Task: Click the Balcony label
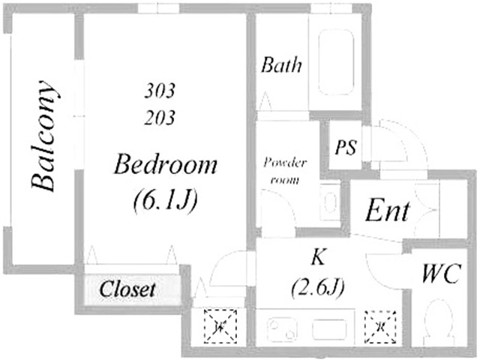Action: click(x=43, y=136)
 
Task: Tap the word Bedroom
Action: click(x=165, y=164)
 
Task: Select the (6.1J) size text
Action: click(x=165, y=199)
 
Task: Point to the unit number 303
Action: click(x=160, y=91)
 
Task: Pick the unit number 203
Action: click(x=160, y=118)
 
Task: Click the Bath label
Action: click(x=281, y=64)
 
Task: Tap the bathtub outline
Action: click(x=336, y=62)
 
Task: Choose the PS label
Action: click(x=346, y=147)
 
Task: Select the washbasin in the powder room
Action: click(x=330, y=202)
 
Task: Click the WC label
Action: click(x=441, y=274)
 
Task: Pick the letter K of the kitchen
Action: click(x=318, y=256)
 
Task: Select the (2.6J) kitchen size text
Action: click(x=318, y=287)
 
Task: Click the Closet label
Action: click(x=127, y=289)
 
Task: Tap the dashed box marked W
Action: click(x=220, y=326)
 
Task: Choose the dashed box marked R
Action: click(x=380, y=327)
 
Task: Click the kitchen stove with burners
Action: click(x=282, y=329)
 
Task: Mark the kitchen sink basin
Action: click(x=329, y=329)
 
